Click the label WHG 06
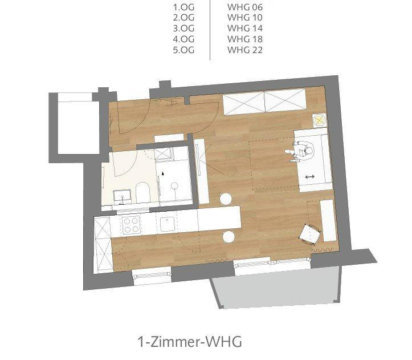click(x=244, y=7)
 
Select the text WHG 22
click(x=244, y=50)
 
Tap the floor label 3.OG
click(x=183, y=29)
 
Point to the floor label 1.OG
click(x=183, y=7)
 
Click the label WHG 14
click(x=244, y=29)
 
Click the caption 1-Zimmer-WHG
click(x=189, y=342)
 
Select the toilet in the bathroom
click(x=142, y=193)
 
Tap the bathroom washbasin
click(x=122, y=197)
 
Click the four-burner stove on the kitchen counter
click(x=130, y=225)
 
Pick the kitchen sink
click(x=168, y=224)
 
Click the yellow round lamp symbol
click(x=319, y=120)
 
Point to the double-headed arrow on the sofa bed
click(x=310, y=177)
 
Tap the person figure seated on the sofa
click(x=300, y=151)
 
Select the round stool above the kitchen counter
click(x=226, y=199)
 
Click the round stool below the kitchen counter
click(x=229, y=237)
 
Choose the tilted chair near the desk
click(x=310, y=234)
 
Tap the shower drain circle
click(x=174, y=186)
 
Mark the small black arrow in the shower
click(x=163, y=173)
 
